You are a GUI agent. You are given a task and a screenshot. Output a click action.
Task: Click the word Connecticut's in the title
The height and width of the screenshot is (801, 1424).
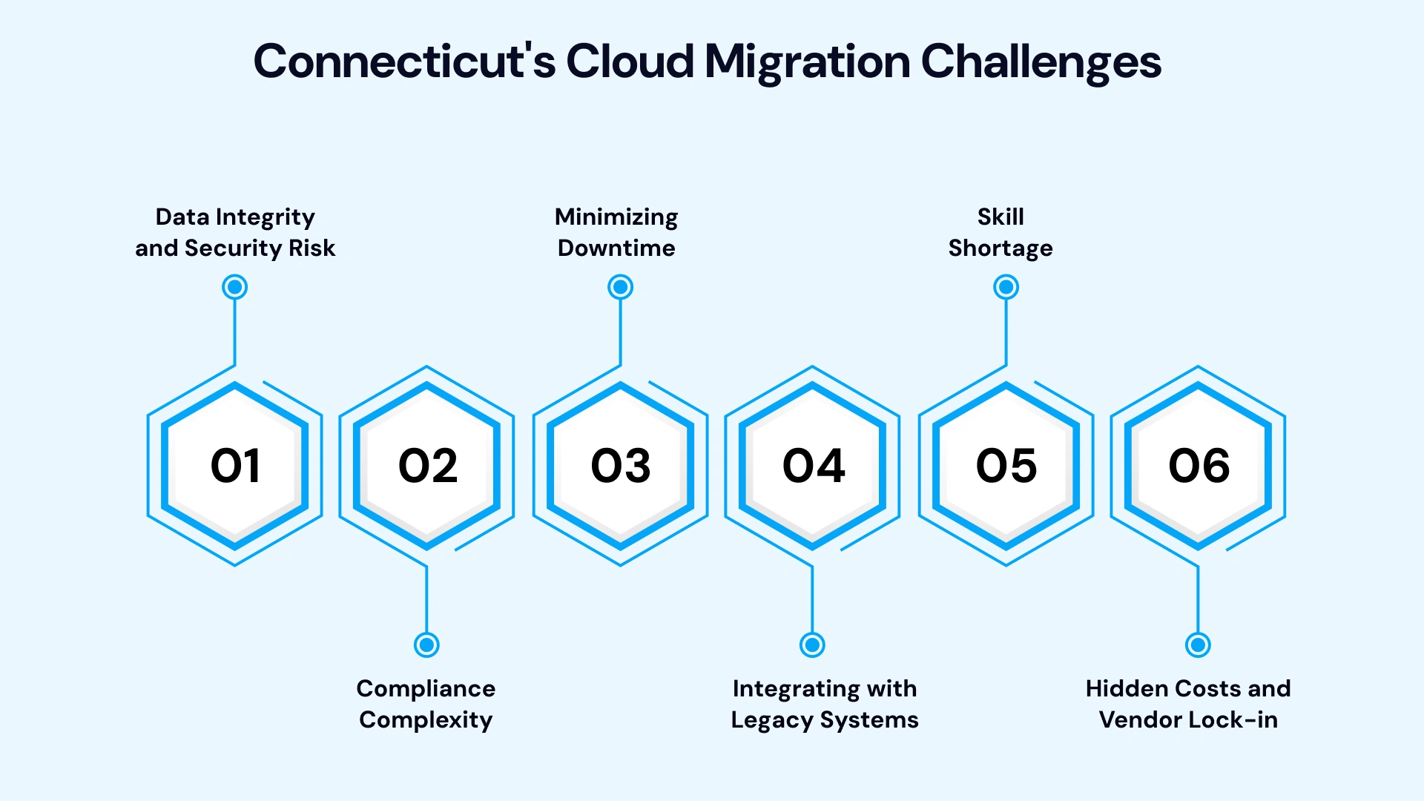coord(404,61)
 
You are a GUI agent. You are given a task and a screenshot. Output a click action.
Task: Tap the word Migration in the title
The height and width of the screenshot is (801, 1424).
coord(807,62)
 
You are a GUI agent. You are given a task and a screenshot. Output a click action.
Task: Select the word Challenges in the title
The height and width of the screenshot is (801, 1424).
coord(1041,62)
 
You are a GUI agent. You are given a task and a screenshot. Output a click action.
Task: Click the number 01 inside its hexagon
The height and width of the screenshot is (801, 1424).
coord(235,467)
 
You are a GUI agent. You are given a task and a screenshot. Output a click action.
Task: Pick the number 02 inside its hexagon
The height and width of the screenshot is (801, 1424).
coord(428,467)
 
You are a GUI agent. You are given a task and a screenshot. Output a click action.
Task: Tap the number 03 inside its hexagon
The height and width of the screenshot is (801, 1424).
coord(621,467)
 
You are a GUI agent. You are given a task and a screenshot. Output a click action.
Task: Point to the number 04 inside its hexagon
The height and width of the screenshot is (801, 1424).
coord(814,467)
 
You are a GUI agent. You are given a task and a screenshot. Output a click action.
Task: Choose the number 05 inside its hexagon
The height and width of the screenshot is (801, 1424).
coord(1006,467)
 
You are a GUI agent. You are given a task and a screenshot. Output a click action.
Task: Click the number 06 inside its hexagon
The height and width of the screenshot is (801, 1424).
coord(1199,467)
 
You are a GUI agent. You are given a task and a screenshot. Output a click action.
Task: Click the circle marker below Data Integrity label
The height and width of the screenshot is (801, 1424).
coord(235,287)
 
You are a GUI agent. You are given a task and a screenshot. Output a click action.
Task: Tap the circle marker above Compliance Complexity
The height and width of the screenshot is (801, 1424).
coord(426,645)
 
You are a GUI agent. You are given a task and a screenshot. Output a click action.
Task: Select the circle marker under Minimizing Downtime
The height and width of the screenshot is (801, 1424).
coord(620,287)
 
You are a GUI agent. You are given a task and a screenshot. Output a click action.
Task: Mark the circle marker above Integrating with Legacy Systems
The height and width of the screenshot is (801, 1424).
coord(812,645)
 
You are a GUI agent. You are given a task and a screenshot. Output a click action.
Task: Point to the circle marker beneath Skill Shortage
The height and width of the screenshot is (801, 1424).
coord(1006,287)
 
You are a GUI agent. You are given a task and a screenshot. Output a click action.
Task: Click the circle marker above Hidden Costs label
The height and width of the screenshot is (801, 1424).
coord(1198,645)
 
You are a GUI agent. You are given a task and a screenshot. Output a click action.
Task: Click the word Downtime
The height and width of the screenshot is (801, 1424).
coord(616,248)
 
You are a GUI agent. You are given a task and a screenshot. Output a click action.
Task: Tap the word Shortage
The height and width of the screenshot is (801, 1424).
coord(1001,248)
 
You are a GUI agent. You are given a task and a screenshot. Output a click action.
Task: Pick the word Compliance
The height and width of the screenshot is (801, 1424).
coord(426,689)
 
